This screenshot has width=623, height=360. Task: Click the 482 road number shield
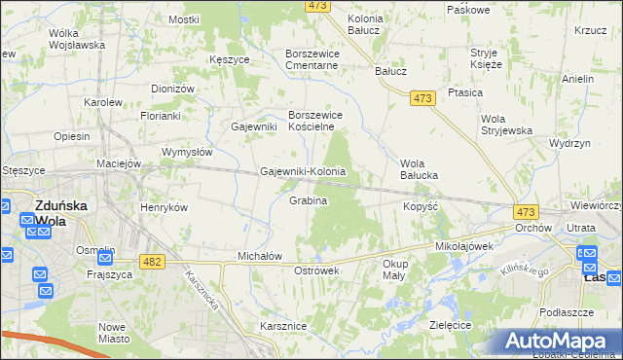152,262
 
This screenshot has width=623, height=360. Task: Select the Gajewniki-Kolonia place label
303,171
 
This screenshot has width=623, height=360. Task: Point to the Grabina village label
308,200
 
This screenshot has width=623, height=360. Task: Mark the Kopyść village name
422,207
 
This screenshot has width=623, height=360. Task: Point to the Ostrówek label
315,270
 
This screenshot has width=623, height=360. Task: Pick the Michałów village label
260,256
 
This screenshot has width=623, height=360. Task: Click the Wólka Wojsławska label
76,39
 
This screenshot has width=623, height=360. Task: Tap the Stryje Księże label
485,58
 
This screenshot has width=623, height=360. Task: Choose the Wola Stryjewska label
505,125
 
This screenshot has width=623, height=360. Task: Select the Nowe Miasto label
114,333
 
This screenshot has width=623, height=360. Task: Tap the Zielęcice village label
450,323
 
